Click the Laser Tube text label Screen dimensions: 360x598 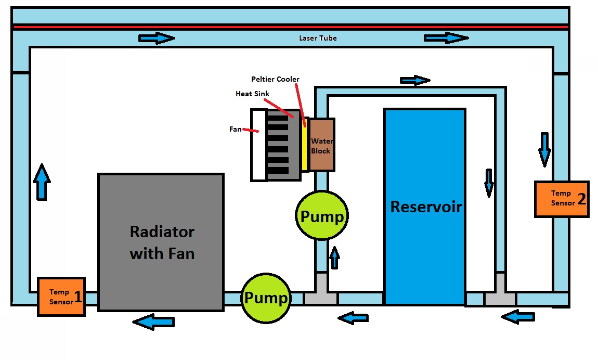[x=317, y=38]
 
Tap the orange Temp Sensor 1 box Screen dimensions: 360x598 [x=61, y=297]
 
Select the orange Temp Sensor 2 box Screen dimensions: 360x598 [x=562, y=199]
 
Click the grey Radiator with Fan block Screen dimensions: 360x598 [x=161, y=242]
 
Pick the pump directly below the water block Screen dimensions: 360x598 [x=322, y=216]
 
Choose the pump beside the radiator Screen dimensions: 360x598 [x=266, y=298]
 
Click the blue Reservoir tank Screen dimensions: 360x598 [x=424, y=207]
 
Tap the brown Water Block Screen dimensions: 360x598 [x=321, y=145]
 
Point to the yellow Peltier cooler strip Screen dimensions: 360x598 [x=305, y=144]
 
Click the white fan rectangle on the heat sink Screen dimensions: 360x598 [x=258, y=145]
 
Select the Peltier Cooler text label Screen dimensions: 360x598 [x=275, y=79]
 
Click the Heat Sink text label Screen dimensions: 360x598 [x=252, y=94]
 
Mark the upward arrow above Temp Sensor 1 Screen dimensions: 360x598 [x=42, y=182]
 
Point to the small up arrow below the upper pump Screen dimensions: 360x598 [x=334, y=257]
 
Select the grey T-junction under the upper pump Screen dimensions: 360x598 [x=321, y=294]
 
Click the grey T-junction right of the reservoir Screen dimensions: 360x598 [x=500, y=294]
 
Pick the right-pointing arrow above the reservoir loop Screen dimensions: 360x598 [x=415, y=80]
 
